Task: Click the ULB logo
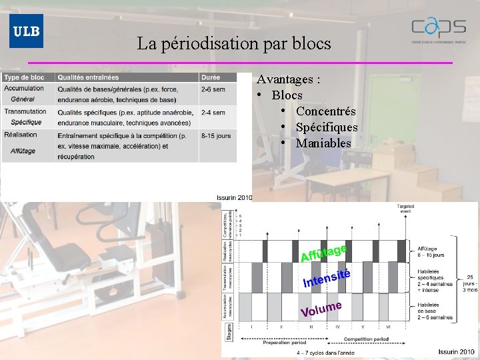tap(26, 31)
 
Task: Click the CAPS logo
tap(438, 29)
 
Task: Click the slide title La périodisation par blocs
tap(234, 44)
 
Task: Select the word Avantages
tap(287, 79)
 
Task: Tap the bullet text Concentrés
tap(325, 111)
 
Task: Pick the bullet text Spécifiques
tap(327, 127)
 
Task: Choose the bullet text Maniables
tap(323, 143)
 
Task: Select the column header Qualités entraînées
tap(88, 77)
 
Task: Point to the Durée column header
tap(211, 77)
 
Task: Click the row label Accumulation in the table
tap(24, 88)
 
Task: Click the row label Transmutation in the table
tap(25, 111)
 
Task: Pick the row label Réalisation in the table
tap(21, 135)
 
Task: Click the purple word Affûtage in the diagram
tap(324, 253)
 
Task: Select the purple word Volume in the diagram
tap(321, 309)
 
